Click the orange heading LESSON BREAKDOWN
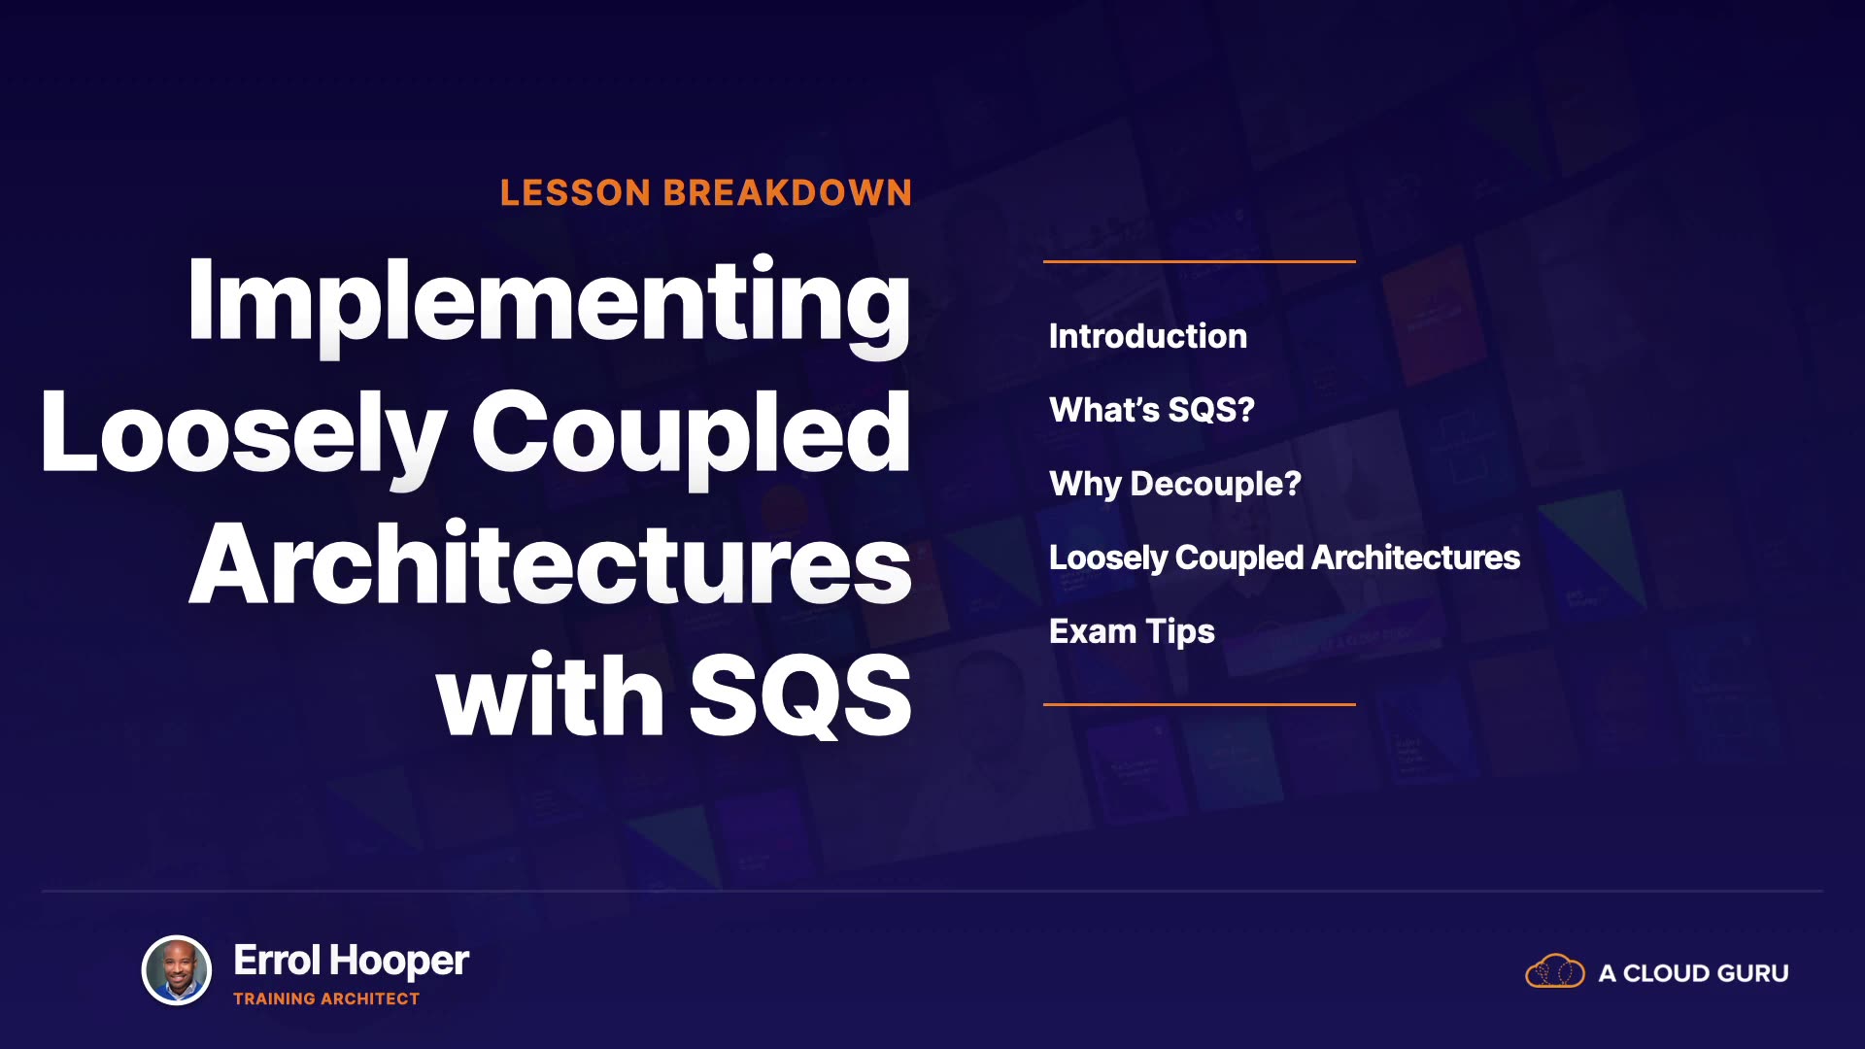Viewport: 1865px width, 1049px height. click(x=706, y=192)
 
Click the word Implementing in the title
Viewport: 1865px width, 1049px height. click(x=549, y=303)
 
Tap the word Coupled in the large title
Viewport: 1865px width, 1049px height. click(x=692, y=434)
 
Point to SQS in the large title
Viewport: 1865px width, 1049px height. click(x=800, y=694)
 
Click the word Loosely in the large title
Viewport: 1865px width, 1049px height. click(x=244, y=434)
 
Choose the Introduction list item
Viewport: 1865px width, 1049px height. click(x=1148, y=336)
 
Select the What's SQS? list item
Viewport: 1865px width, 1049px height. click(x=1152, y=410)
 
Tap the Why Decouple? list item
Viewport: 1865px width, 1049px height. click(x=1175, y=484)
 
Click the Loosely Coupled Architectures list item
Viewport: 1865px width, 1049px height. click(x=1285, y=558)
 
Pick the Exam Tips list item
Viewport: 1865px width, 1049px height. click(x=1132, y=631)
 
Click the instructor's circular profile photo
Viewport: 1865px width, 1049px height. click(x=177, y=969)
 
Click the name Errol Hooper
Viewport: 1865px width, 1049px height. click(x=352, y=961)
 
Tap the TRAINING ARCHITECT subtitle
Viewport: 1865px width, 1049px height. click(x=326, y=998)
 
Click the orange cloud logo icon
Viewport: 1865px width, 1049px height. click(x=1555, y=970)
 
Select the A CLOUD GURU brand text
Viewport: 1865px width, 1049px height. click(x=1694, y=973)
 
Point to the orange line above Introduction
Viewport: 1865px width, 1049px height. click(x=1200, y=261)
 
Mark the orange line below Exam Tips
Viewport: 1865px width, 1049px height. click(x=1200, y=704)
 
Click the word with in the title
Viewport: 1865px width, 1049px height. click(x=551, y=694)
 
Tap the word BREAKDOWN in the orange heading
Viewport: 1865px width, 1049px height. click(x=788, y=192)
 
